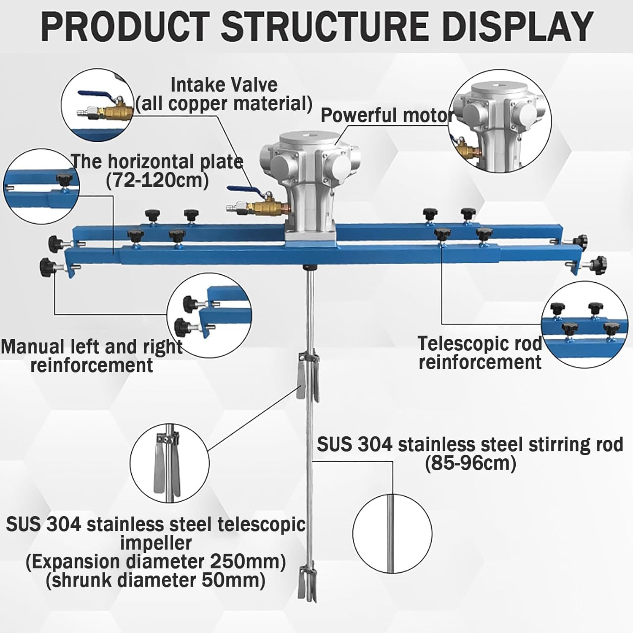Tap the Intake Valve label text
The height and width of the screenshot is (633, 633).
tap(224, 85)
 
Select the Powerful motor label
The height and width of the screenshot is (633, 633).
tap(387, 115)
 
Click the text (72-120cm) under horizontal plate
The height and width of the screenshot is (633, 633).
tap(157, 181)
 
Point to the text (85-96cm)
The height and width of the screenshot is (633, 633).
tap(470, 463)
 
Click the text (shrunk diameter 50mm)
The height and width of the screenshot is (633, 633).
tap(155, 580)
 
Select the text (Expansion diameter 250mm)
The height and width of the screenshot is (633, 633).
tap(155, 562)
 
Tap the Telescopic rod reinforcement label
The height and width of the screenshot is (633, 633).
tap(480, 353)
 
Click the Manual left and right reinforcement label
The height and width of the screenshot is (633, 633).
tap(92, 356)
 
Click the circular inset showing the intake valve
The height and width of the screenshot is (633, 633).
tap(97, 105)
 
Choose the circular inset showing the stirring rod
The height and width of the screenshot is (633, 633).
tap(392, 534)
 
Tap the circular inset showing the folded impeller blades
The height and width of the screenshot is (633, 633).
tap(169, 463)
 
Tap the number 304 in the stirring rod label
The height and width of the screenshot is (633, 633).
tap(375, 445)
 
